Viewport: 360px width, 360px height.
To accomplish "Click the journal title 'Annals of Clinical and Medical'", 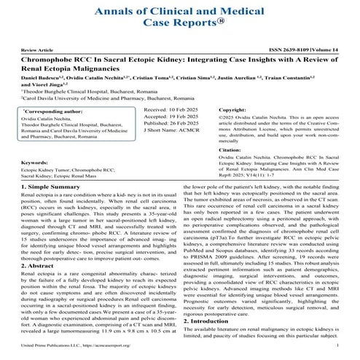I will [x=180, y=9].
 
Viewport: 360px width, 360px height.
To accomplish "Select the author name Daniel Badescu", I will [x=41, y=75].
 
